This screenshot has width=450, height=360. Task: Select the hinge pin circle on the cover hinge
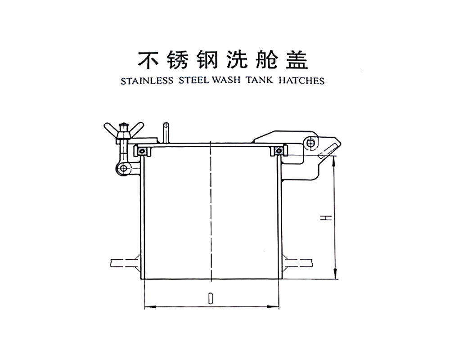(311, 143)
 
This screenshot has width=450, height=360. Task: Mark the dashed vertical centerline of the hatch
(210, 211)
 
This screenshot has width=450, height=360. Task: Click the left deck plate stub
(124, 261)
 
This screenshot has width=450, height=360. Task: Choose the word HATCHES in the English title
(301, 81)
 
